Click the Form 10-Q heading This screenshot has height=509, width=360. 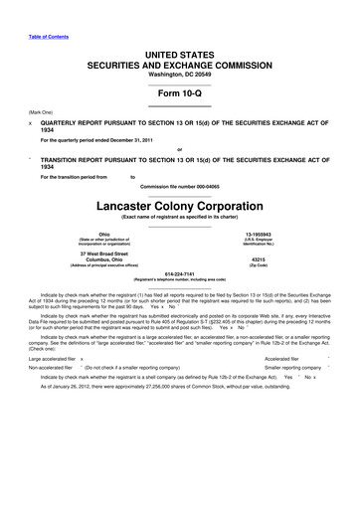(x=179, y=85)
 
